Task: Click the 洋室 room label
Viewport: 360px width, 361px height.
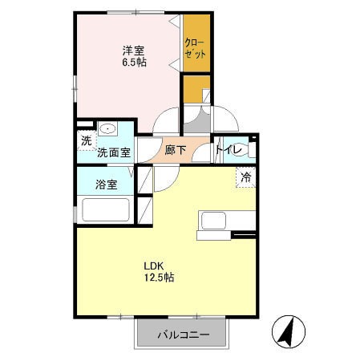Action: coord(133,51)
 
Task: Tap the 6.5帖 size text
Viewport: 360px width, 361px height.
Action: coord(134,63)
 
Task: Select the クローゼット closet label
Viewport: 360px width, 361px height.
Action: coord(196,48)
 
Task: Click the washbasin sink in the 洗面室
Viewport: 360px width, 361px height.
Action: coord(107,129)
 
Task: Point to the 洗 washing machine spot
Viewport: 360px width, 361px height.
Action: coord(87,140)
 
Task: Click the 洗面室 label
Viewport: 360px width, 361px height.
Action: coord(114,152)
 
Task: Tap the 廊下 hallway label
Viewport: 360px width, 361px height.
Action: coord(175,150)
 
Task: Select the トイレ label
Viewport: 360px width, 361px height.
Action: coord(229,149)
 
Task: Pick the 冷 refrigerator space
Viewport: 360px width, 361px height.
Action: coord(246,176)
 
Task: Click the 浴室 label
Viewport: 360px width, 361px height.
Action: coord(107,185)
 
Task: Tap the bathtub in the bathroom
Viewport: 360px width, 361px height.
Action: coord(106,210)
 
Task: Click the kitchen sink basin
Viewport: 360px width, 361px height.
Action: coord(213,221)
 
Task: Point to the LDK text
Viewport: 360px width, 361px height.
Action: coord(154,266)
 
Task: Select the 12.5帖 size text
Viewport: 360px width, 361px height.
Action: coord(160,278)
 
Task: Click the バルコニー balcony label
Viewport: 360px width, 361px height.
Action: coord(183,335)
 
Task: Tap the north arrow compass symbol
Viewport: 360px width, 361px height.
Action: coord(289,331)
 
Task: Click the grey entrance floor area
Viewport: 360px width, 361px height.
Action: coord(197,120)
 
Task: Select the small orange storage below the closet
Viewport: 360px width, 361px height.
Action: coord(196,89)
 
